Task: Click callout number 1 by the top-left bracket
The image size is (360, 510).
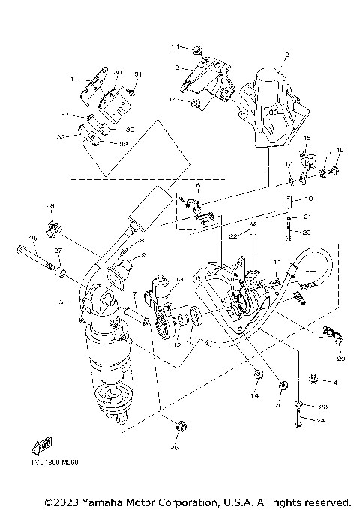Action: pyautogui.click(x=72, y=79)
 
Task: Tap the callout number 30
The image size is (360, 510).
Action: pyautogui.click(x=117, y=73)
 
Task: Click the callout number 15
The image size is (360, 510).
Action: pyautogui.click(x=307, y=139)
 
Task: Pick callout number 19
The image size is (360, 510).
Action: pyautogui.click(x=309, y=199)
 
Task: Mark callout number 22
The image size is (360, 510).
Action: pyautogui.click(x=234, y=235)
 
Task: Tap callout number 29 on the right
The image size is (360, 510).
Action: pyautogui.click(x=341, y=359)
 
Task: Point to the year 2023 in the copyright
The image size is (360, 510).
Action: pyautogui.click(x=61, y=501)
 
